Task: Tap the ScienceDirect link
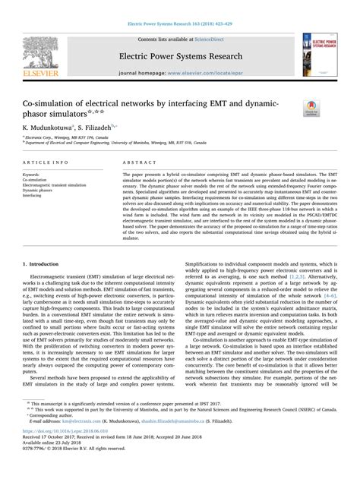[x=213, y=38]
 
